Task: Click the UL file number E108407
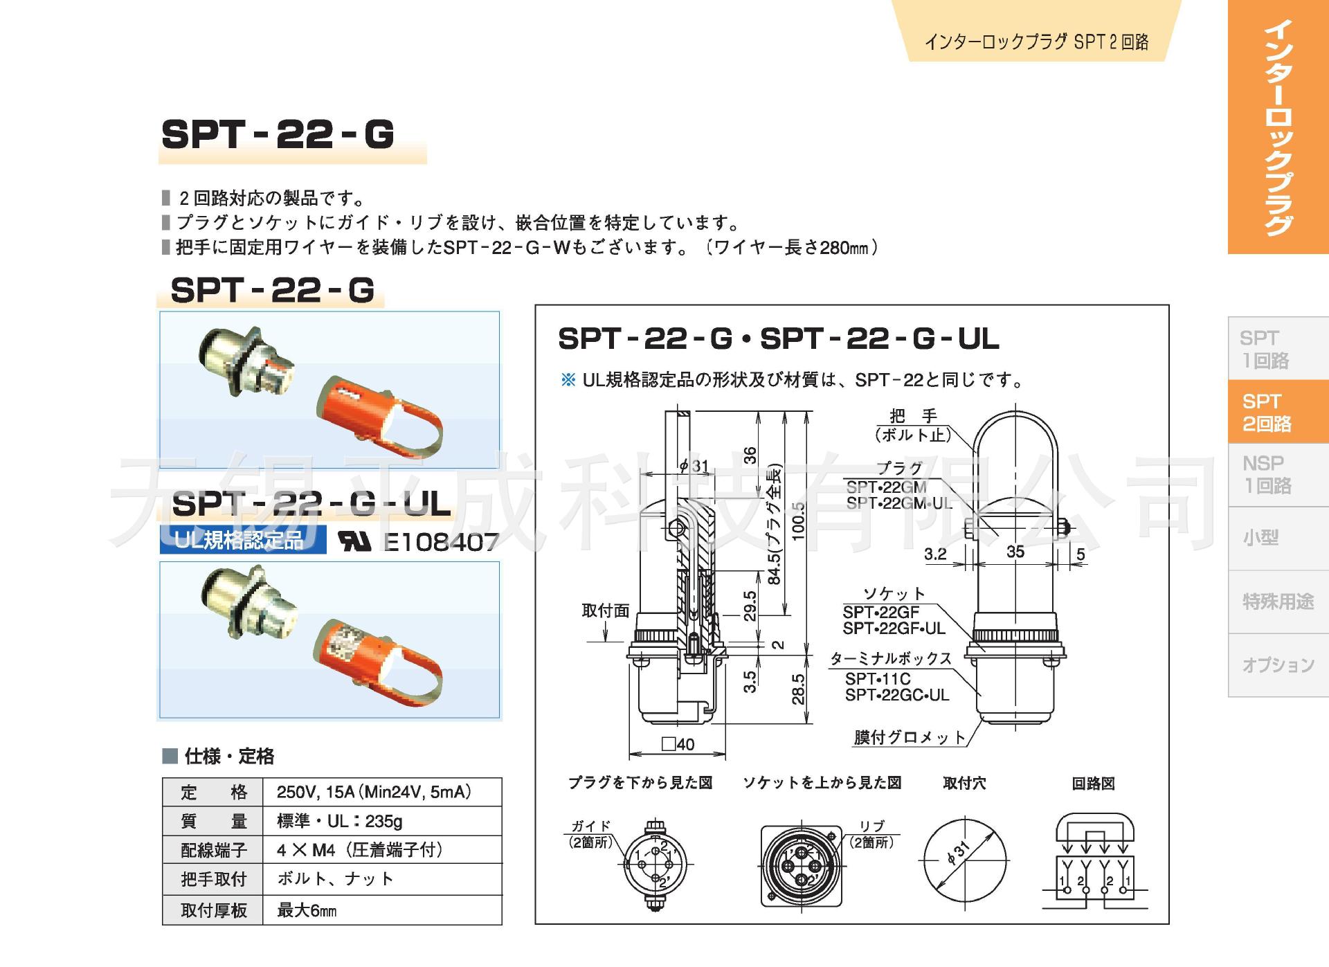(441, 542)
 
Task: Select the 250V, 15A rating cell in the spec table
(374, 792)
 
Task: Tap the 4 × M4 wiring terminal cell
(359, 849)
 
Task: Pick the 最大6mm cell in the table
(307, 910)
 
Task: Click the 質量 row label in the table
(213, 821)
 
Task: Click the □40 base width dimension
(678, 744)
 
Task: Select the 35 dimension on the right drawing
(1015, 552)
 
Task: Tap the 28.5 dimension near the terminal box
(798, 689)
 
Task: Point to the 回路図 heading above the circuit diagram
(1093, 784)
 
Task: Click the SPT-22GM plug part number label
(886, 487)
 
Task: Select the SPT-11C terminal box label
(877, 679)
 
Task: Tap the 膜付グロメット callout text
(909, 737)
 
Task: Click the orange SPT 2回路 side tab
(1266, 412)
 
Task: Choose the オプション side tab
(1277, 665)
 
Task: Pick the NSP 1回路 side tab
(1266, 474)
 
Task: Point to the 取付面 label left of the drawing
(605, 611)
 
